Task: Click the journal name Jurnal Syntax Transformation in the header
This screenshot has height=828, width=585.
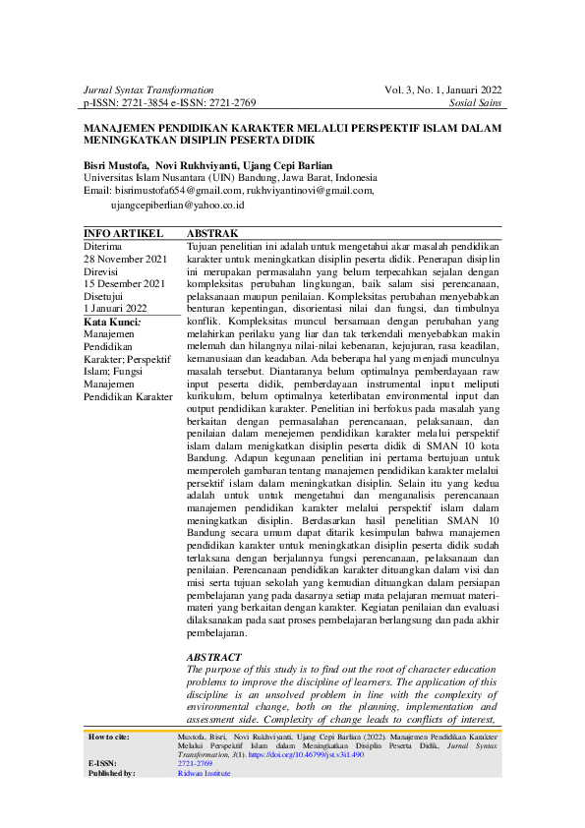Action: pos(148,89)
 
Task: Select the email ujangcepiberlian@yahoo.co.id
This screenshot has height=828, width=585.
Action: pos(177,205)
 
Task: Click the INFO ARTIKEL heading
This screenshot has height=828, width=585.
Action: pos(124,233)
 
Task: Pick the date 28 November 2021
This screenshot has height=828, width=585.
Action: pos(126,259)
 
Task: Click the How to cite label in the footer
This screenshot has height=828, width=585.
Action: pos(109,736)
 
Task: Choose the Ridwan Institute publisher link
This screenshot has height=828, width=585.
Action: pos(204,774)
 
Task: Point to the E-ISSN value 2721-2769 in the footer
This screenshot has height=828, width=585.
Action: pos(195,764)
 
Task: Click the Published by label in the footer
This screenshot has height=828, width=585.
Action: pos(111,774)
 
